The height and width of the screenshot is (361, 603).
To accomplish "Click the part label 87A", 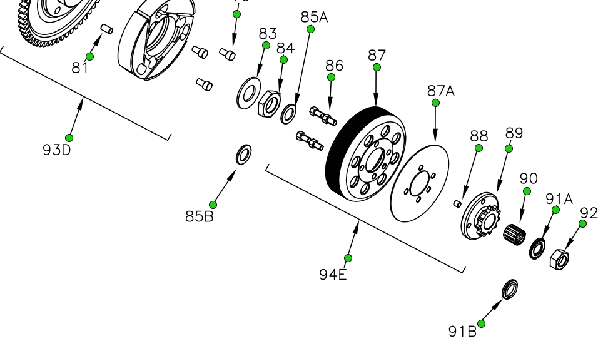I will click(441, 91).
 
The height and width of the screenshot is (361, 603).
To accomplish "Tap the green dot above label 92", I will click(583, 224).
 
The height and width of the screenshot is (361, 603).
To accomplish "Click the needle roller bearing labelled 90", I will click(515, 235).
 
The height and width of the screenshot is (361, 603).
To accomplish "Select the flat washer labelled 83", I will click(249, 93).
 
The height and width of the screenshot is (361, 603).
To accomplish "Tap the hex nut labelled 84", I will click(268, 102).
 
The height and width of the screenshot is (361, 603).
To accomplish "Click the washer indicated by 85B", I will click(243, 154).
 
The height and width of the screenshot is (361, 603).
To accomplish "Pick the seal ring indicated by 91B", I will click(510, 289).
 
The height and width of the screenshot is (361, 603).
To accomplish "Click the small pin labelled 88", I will click(458, 202).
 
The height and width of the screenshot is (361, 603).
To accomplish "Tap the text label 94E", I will click(333, 274).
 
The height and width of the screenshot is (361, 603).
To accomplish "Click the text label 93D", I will click(57, 150).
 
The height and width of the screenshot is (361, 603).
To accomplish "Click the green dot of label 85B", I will click(213, 205).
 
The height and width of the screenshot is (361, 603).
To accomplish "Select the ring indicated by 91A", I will click(537, 248).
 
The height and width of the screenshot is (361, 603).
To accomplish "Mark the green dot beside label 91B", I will click(482, 323).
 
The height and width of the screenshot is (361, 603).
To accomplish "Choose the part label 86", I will click(335, 66).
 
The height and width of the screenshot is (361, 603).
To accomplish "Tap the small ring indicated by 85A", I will click(289, 114).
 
